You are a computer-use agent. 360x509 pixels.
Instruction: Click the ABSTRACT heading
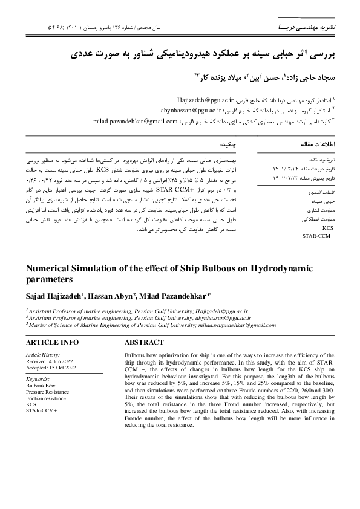point(143,342)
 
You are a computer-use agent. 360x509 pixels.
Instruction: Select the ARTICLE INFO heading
point(52,342)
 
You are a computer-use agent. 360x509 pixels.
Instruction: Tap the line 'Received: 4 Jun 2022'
point(50,361)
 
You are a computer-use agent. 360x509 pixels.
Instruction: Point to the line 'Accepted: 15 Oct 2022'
point(51,367)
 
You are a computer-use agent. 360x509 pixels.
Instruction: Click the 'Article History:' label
point(44,355)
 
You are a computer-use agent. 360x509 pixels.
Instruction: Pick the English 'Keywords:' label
point(38,378)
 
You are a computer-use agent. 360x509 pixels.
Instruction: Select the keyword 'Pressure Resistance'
point(48,392)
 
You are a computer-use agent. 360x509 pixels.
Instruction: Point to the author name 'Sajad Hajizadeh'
point(53,296)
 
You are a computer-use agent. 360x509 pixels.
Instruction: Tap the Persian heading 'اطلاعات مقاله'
point(316,146)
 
